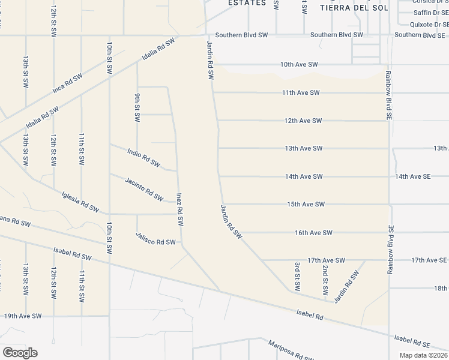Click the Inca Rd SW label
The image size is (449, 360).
(67, 83)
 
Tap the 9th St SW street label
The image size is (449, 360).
(137, 109)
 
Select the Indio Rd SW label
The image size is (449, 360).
(143, 157)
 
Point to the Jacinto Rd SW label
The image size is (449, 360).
(144, 189)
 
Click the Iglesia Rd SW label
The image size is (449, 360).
(80, 202)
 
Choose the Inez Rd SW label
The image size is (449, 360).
(179, 209)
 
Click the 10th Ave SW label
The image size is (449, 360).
(299, 64)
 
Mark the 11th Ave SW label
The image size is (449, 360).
(301, 92)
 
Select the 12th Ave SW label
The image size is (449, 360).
(303, 121)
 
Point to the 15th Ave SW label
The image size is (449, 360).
(306, 204)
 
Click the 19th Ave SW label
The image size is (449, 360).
(23, 316)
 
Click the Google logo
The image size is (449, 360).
(20, 353)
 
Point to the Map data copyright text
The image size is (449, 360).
(423, 355)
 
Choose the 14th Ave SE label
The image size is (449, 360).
(413, 176)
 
